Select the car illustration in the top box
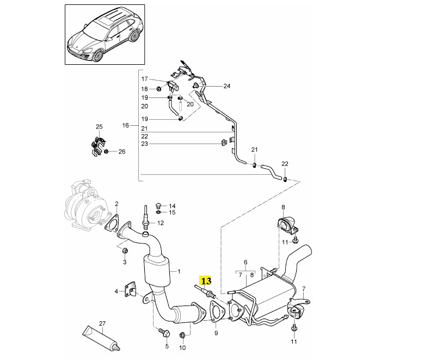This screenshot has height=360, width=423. click(x=105, y=35)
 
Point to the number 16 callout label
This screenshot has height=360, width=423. click(x=125, y=125)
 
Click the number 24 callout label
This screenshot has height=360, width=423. click(x=226, y=86)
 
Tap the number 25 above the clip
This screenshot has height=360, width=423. click(x=99, y=127)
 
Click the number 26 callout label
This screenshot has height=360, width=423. click(x=121, y=151)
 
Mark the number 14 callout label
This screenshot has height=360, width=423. click(x=172, y=206)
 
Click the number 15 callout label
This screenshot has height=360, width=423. click(x=172, y=212)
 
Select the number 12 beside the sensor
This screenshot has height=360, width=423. click(x=160, y=223)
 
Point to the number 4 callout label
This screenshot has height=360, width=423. click(x=115, y=292)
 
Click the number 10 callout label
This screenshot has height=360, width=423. click(x=182, y=347)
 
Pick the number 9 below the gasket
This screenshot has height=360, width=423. click(x=216, y=332)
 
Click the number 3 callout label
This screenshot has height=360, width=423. click(x=124, y=263)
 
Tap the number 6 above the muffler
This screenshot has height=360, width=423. click(x=245, y=263)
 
